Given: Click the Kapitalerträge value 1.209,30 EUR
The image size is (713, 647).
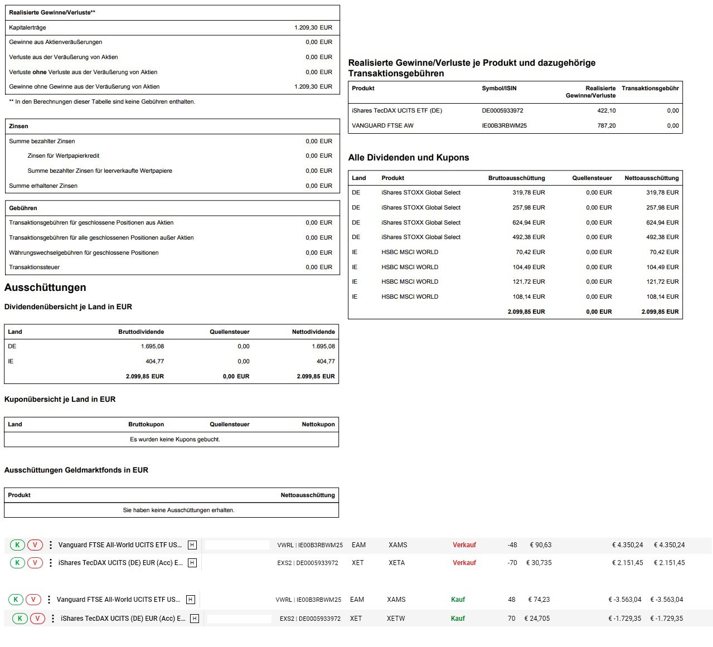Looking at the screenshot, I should pyautogui.click(x=313, y=27).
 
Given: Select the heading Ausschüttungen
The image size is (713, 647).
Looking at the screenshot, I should pyautogui.click(x=45, y=288).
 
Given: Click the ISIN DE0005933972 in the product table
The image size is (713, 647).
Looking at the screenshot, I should pyautogui.click(x=502, y=110).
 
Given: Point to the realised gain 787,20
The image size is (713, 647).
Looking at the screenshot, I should pyautogui.click(x=607, y=125).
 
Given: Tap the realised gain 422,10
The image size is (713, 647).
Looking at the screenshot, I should pyautogui.click(x=607, y=110).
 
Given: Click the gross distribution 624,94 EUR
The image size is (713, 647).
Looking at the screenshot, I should pyautogui.click(x=528, y=222).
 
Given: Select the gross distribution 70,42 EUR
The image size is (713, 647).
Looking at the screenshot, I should pyautogui.click(x=530, y=252).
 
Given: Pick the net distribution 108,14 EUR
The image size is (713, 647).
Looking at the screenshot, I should pyautogui.click(x=662, y=296).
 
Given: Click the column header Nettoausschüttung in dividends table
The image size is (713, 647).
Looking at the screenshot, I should pyautogui.click(x=651, y=178).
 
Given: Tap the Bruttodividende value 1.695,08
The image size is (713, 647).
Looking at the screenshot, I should pyautogui.click(x=152, y=346).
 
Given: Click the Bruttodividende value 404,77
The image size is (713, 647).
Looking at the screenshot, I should pyautogui.click(x=154, y=361).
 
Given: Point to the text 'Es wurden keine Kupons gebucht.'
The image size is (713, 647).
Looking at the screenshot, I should pyautogui.click(x=175, y=439).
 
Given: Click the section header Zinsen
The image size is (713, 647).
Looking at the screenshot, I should pyautogui.click(x=18, y=126).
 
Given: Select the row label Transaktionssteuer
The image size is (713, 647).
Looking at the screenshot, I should pyautogui.click(x=34, y=267).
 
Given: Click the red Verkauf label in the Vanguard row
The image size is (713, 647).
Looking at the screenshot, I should pyautogui.click(x=464, y=545).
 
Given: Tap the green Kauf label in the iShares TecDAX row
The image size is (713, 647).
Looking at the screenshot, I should pyautogui.click(x=458, y=619).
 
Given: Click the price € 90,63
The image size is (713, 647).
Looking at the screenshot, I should pyautogui.click(x=540, y=545).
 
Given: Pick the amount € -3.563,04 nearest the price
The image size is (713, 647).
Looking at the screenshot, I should pyautogui.click(x=624, y=600).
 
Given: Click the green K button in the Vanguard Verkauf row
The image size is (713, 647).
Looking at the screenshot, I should pyautogui.click(x=17, y=545).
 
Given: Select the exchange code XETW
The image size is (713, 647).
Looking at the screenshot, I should pyautogui.click(x=396, y=619).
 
